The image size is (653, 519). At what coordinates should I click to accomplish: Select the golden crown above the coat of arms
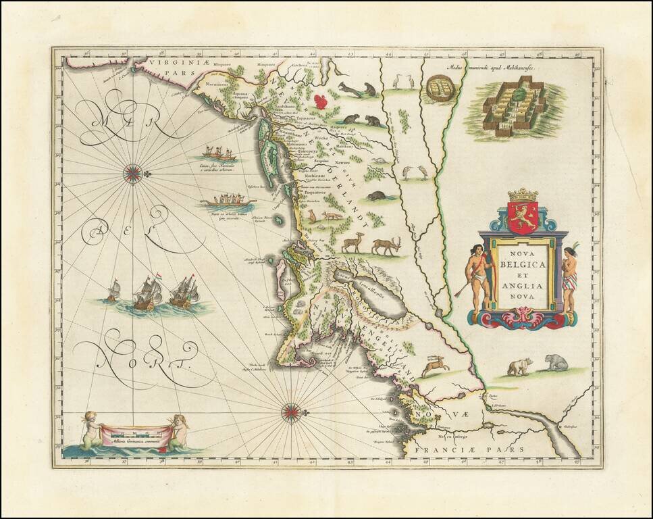[x=523, y=195]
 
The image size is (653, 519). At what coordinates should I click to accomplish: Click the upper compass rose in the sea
[x=132, y=174]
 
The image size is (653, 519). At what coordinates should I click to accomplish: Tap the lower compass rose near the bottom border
[x=291, y=410]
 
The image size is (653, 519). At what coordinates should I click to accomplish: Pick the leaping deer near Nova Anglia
[x=436, y=367]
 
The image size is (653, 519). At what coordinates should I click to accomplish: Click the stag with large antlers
[x=387, y=245]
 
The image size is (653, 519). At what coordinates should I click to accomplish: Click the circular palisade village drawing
[x=440, y=88]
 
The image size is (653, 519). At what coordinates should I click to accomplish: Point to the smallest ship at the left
[x=113, y=291]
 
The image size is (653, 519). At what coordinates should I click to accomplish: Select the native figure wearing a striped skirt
[x=569, y=277]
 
